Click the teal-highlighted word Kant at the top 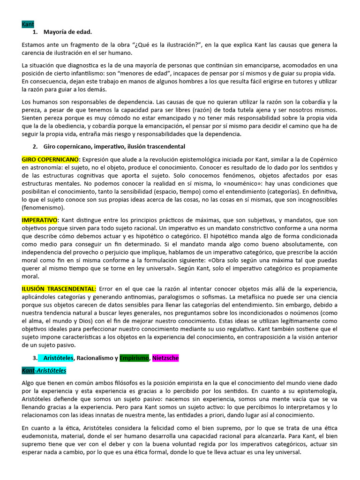(28, 24)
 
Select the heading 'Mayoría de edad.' (67, 32)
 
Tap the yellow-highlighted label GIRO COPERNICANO (51, 159)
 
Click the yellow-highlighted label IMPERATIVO (39, 220)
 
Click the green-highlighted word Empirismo (134, 358)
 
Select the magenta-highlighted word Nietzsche (165, 358)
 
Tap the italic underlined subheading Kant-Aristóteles (44, 370)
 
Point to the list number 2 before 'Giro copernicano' (35, 146)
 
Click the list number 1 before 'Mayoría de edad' (35, 32)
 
